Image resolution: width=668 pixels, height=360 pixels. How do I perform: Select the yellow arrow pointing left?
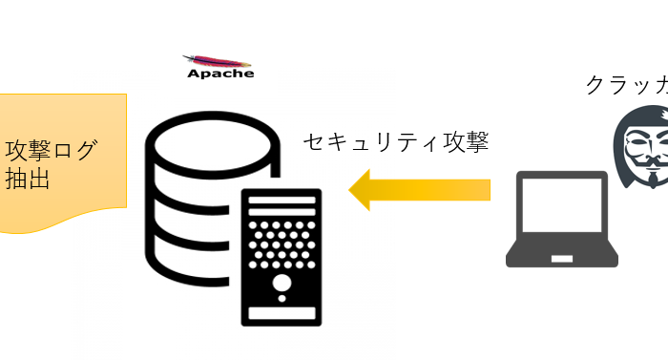point(420,189)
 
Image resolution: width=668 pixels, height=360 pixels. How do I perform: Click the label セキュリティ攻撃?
point(396,142)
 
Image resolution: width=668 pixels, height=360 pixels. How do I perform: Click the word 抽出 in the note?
point(29,180)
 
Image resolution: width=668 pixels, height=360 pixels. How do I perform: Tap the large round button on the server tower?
point(282,283)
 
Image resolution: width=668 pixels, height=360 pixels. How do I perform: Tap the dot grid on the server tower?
point(282,244)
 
